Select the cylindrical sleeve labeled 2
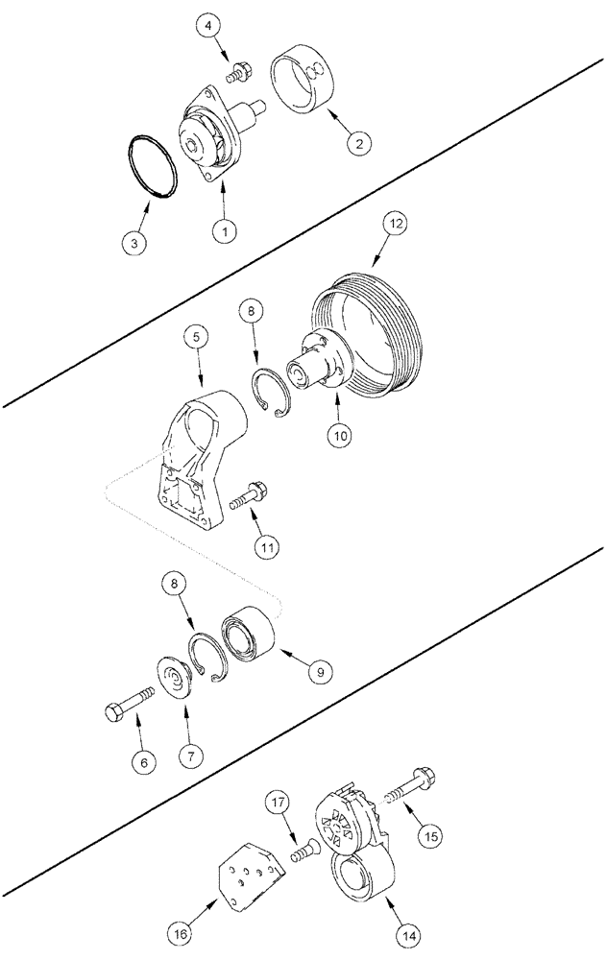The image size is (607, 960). (304, 82)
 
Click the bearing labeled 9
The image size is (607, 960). (251, 636)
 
